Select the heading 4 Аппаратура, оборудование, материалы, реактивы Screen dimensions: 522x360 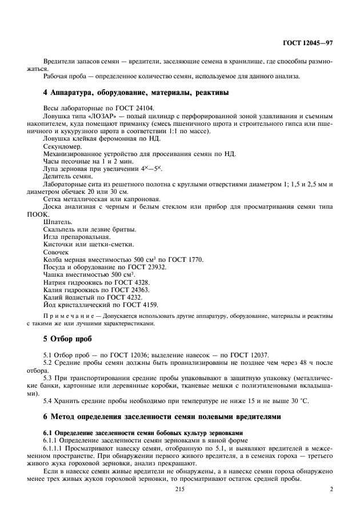click(x=136, y=92)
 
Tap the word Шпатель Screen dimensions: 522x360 click(x=57, y=222)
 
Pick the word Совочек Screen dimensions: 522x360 click(x=57, y=252)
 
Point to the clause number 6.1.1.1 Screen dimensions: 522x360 click(x=55, y=451)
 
